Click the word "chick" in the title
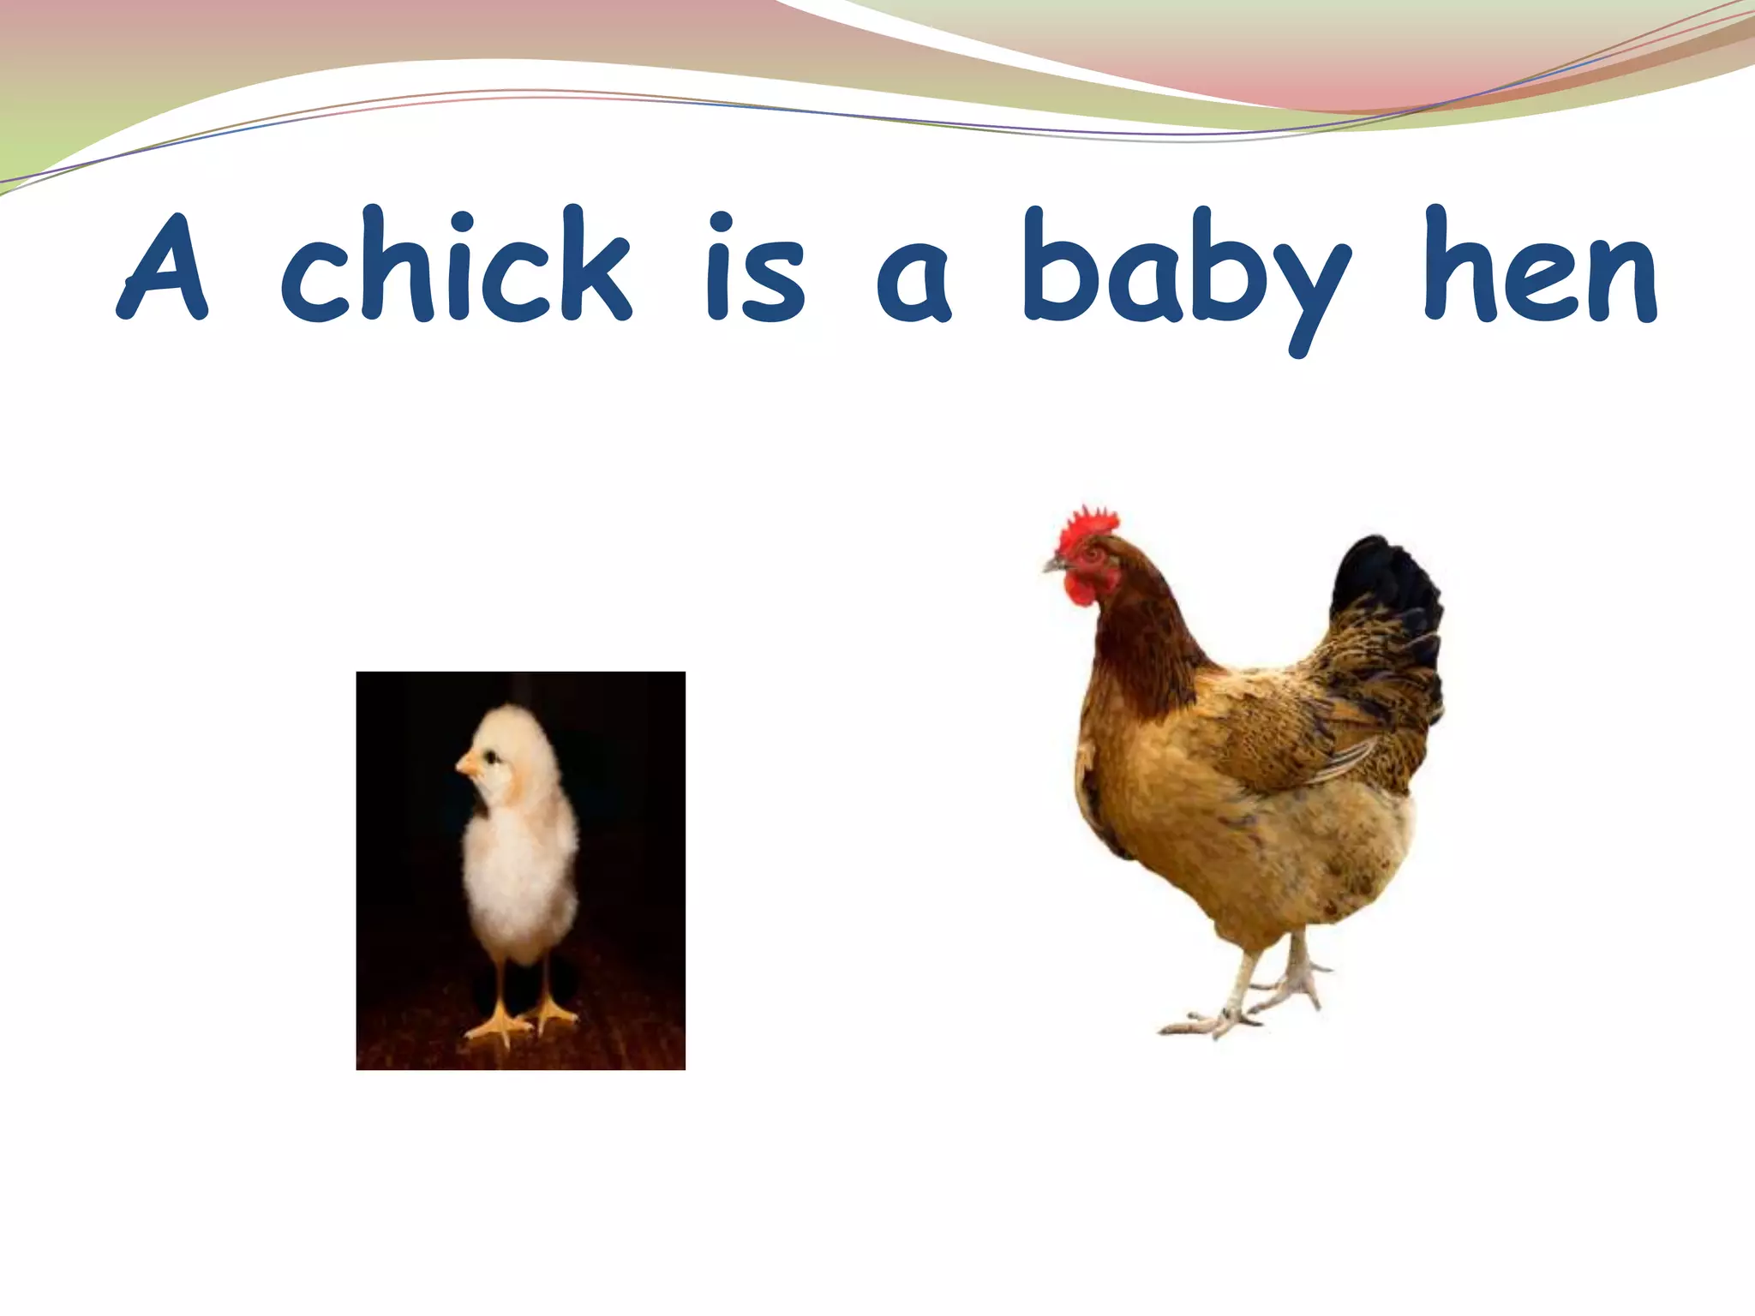tap(456, 266)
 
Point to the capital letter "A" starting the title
tap(163, 267)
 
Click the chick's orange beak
tap(467, 763)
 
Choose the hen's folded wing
tap(1285, 737)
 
